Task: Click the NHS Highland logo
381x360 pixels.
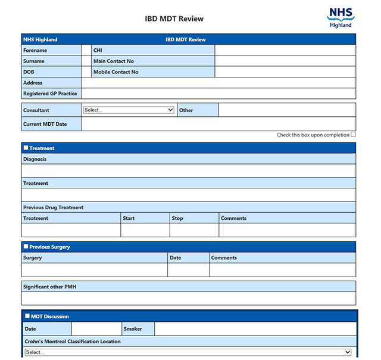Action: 341,17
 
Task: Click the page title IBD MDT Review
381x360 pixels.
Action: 174,18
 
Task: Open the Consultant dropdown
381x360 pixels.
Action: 128,110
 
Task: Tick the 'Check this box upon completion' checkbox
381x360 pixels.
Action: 353,135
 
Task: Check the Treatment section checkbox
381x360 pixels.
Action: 26,148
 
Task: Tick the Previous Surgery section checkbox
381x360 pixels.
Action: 26,246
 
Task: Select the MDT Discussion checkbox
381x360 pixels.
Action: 27,316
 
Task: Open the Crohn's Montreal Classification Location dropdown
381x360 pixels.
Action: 188,352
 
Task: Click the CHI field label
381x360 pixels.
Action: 98,51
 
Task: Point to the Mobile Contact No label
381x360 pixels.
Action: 115,72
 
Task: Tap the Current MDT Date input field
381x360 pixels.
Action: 218,124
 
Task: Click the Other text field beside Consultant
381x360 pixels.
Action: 286,110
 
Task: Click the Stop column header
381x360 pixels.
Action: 177,218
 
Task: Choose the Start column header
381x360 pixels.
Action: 129,218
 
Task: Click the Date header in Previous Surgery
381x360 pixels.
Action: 175,257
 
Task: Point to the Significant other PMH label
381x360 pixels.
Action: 49,287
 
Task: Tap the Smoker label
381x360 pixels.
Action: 133,329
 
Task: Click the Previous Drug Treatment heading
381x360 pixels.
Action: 53,207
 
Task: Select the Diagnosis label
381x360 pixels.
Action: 35,159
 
